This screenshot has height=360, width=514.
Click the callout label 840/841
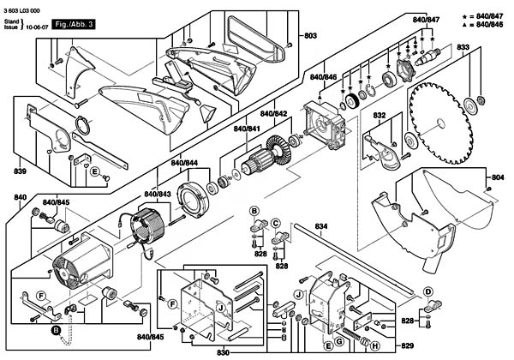pyautogui.click(x=247, y=129)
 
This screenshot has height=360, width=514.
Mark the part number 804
pyautogui.click(x=498, y=177)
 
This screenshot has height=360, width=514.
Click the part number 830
pyautogui.click(x=223, y=351)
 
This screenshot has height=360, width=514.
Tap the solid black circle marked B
pyautogui.click(x=56, y=329)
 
